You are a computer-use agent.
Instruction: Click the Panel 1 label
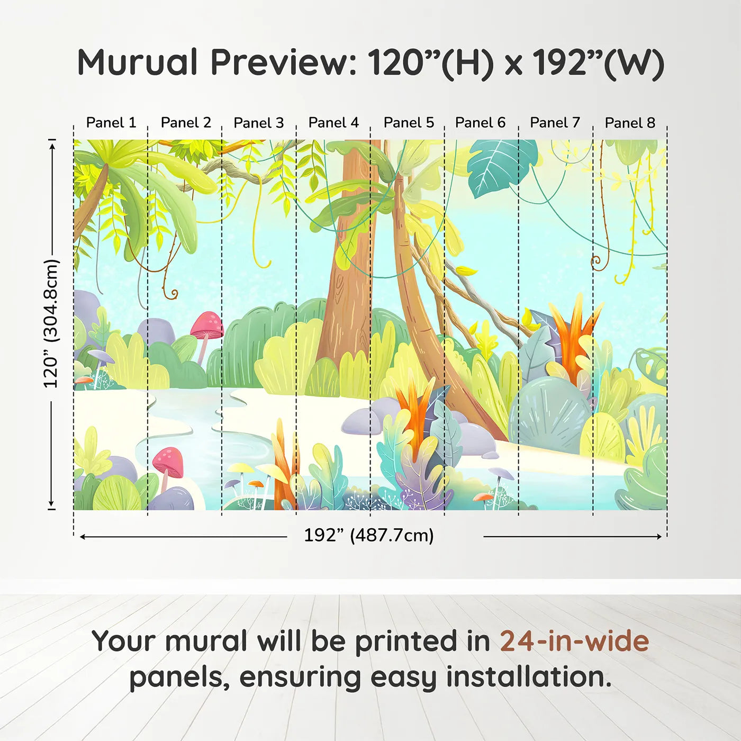click(111, 123)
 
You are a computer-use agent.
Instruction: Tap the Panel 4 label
click(333, 123)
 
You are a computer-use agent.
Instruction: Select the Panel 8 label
click(630, 123)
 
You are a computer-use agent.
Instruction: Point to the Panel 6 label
click(480, 123)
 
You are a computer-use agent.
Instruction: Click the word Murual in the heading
click(138, 62)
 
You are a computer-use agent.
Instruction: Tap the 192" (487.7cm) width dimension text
click(368, 535)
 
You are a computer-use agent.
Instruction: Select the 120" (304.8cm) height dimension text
click(51, 323)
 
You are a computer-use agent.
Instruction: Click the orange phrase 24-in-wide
click(574, 641)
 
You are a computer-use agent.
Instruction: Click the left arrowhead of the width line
click(83, 537)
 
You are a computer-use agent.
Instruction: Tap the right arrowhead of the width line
click(659, 537)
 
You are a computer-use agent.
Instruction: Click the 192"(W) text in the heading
click(598, 62)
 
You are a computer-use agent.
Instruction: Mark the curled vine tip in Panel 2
click(173, 293)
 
